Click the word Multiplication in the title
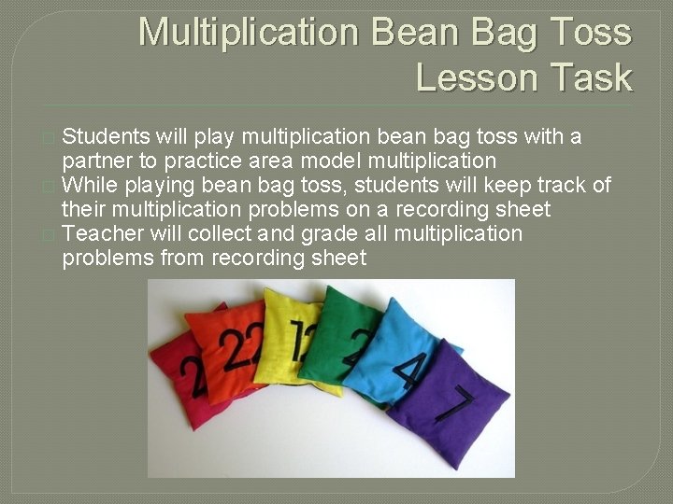click(x=249, y=33)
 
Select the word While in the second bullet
click(x=89, y=185)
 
